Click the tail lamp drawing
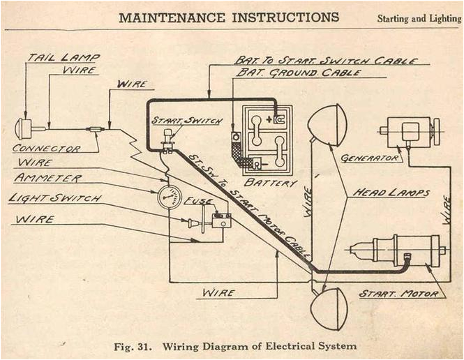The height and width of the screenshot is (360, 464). [24, 128]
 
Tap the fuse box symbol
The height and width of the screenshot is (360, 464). [222, 221]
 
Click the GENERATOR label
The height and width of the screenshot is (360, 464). [371, 158]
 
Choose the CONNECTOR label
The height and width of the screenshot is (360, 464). [46, 149]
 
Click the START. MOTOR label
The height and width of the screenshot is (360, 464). [399, 294]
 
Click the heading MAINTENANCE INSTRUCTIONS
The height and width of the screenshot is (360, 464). [229, 17]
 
